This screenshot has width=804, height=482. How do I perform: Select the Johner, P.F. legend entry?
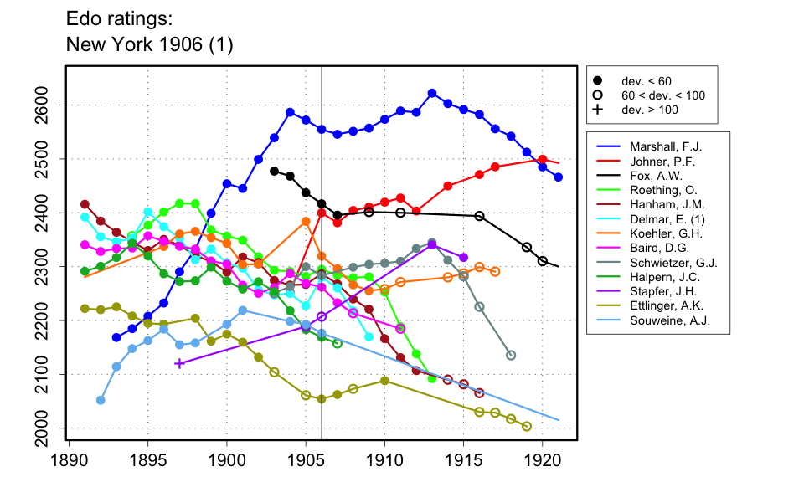[658, 162]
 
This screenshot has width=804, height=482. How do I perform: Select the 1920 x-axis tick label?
[543, 459]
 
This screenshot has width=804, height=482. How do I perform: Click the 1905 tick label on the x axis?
[306, 459]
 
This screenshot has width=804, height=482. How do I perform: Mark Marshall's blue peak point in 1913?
[432, 94]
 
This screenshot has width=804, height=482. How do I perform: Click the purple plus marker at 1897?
[179, 363]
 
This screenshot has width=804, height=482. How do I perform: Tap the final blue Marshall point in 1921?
[559, 177]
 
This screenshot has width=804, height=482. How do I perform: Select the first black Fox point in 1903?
[274, 171]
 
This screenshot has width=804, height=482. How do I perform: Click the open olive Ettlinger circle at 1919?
[527, 426]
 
